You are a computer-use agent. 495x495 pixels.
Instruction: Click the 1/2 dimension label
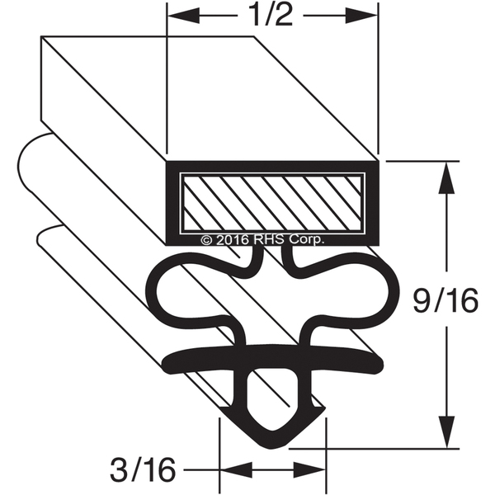pyautogui.click(x=271, y=15)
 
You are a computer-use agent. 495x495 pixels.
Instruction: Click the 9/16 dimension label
pyautogui.click(x=445, y=301)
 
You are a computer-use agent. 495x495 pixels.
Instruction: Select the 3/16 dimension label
pyautogui.click(x=143, y=470)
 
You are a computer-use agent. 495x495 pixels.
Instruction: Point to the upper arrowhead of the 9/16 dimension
pyautogui.click(x=446, y=177)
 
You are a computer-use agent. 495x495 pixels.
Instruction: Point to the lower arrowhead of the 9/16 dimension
pyautogui.click(x=446, y=431)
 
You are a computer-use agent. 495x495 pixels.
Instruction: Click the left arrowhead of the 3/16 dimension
pyautogui.click(x=236, y=469)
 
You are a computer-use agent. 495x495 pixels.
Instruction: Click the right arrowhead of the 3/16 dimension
pyautogui.click(x=309, y=469)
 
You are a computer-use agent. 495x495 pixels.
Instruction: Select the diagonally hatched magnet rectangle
pyautogui.click(x=272, y=203)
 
